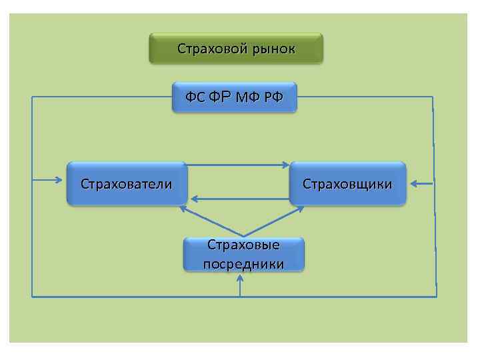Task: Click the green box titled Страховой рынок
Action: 235,49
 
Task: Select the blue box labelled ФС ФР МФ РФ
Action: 234,98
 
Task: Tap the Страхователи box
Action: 126,183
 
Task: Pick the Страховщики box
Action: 347,183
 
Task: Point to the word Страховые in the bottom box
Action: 243,245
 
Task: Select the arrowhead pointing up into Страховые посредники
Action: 241,280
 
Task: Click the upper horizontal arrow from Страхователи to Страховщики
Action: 237,164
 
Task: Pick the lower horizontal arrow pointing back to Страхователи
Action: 240,199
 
